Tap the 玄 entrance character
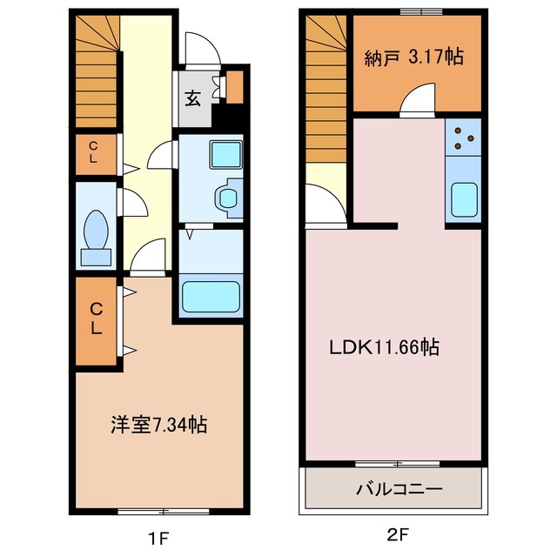pyautogui.click(x=192, y=97)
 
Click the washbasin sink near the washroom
pyautogui.click(x=229, y=197)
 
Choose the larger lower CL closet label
pyautogui.click(x=97, y=318)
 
